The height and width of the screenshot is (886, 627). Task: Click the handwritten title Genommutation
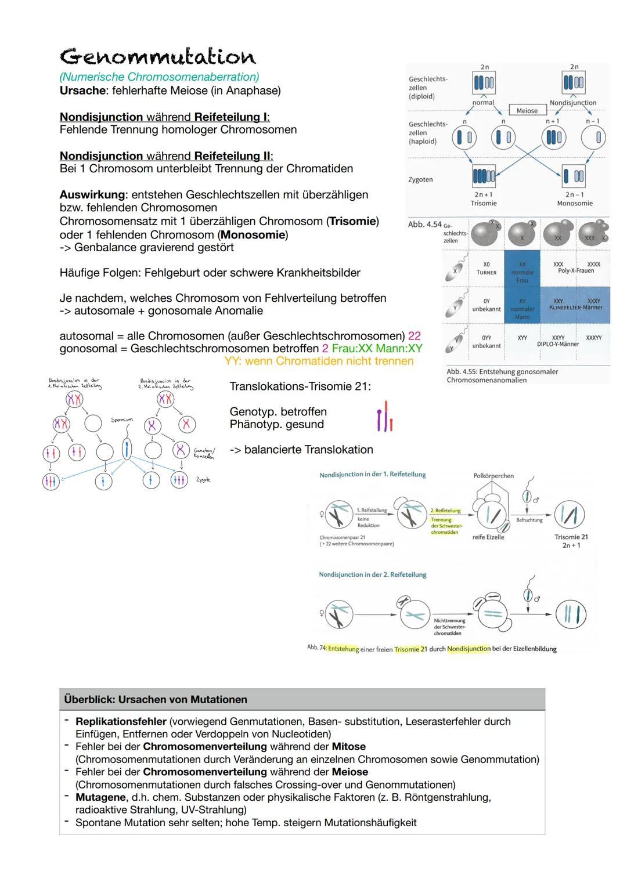click(157, 57)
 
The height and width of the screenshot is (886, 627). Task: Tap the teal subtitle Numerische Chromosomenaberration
click(159, 77)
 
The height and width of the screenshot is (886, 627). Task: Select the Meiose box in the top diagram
click(527, 110)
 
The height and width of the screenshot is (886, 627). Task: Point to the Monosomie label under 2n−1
click(574, 203)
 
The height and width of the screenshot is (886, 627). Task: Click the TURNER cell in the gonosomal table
click(486, 272)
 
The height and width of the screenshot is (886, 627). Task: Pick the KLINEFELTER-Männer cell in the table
click(575, 308)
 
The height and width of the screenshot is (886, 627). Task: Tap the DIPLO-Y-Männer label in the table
click(558, 344)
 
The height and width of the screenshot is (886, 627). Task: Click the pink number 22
click(414, 336)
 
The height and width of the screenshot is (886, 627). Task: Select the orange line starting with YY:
click(319, 361)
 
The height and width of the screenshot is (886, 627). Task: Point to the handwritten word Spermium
click(122, 419)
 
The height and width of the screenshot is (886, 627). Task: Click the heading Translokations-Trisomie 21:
click(300, 386)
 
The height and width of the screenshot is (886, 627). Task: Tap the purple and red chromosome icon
click(384, 417)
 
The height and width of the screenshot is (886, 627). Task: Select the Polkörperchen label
click(493, 476)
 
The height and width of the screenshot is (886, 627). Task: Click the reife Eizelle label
click(488, 537)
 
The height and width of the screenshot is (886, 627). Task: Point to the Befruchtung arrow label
click(529, 520)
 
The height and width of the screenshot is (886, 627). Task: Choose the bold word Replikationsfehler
click(121, 721)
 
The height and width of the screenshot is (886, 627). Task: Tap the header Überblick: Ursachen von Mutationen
click(156, 699)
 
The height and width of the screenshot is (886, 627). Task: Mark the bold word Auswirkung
click(92, 195)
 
